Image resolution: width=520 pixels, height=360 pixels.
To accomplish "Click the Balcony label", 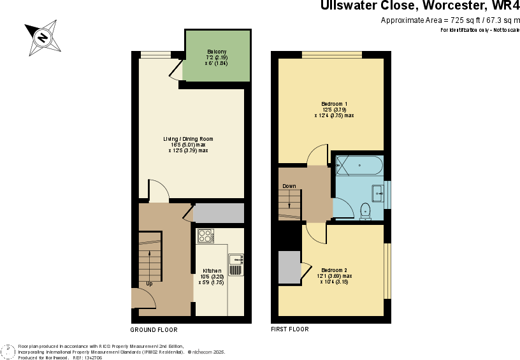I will (217, 52).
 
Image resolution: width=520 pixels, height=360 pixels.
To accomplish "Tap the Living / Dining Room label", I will (187, 139).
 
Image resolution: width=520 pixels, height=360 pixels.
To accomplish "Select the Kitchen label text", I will (212, 271).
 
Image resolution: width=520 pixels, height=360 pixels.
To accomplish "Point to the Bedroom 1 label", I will (334, 104).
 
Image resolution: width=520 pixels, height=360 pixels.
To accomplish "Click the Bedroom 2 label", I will (334, 270).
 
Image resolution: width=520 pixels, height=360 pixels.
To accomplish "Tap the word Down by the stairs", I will (289, 186).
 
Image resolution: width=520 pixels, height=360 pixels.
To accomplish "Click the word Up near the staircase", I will (149, 284).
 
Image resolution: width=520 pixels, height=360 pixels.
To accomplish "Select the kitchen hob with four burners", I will (205, 236).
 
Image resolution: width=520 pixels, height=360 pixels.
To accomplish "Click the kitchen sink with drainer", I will (236, 264).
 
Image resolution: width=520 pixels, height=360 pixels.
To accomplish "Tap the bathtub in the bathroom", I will (359, 166).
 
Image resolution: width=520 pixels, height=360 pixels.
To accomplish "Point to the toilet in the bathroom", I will (365, 210).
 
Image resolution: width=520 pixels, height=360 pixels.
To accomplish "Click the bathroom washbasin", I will (379, 192).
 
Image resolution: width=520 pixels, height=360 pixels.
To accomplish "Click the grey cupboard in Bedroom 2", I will (289, 268).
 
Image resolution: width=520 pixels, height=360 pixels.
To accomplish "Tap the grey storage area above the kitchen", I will (218, 213).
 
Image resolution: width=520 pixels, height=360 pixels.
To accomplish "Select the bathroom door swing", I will (342, 208).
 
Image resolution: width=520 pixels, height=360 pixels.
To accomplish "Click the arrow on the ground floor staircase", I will (150, 261).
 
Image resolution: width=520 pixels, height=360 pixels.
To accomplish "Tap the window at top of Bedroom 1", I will (331, 54).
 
